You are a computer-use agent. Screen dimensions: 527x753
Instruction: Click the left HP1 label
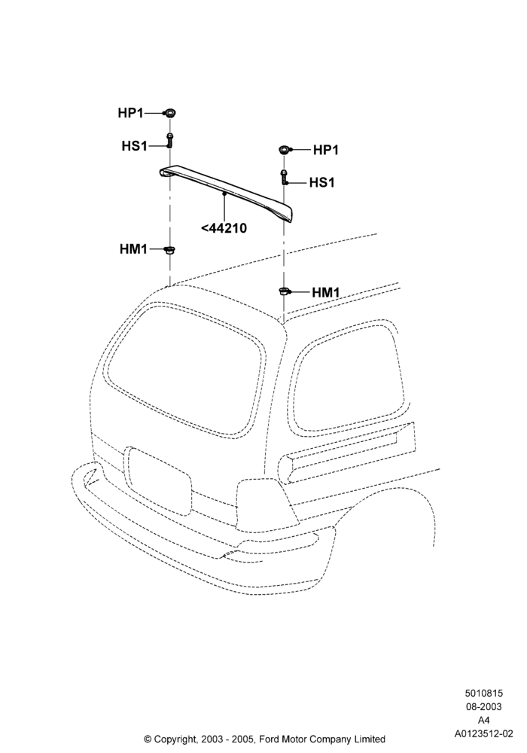pos(130,113)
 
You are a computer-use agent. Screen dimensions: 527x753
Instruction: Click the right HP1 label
pos(326,150)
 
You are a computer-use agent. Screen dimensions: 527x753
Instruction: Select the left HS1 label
pos(135,145)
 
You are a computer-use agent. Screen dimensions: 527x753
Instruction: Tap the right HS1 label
pos(322,182)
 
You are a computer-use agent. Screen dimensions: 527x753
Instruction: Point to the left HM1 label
pos(133,249)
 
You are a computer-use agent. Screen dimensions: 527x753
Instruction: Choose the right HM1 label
pos(326,292)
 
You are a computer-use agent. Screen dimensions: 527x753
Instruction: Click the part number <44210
pos(224,227)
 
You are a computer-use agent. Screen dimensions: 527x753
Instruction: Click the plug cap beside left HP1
pos(169,114)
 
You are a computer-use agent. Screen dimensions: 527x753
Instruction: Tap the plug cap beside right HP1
pos(284,150)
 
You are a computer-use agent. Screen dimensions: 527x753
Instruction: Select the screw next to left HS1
pos(169,140)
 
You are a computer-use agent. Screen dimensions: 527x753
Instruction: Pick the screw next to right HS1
pos(284,177)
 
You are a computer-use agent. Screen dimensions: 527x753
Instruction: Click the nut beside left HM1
pos(169,250)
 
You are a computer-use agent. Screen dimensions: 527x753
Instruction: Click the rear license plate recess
pos(157,480)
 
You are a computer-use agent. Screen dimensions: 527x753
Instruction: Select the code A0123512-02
pos(483,733)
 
